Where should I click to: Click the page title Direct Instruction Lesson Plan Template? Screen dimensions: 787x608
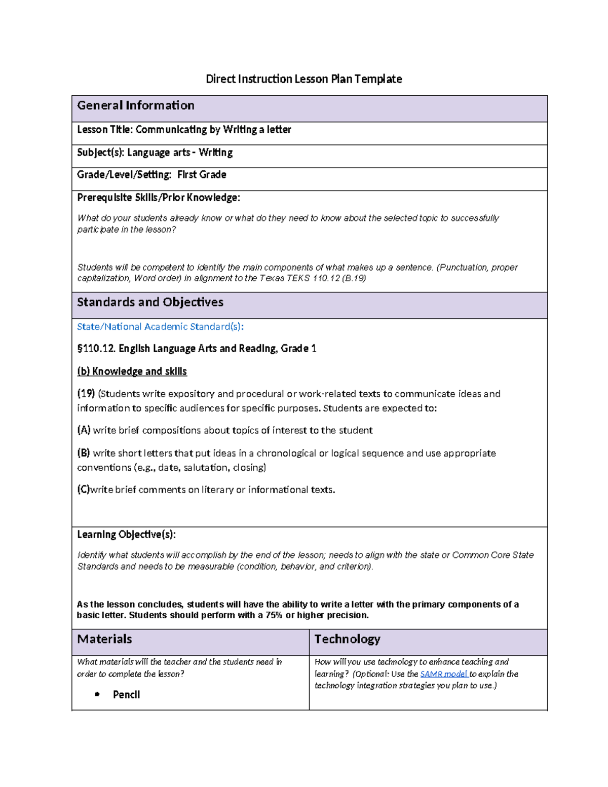coord(303,79)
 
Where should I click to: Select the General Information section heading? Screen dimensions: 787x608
coord(136,105)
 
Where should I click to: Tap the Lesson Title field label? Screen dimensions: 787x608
coord(105,130)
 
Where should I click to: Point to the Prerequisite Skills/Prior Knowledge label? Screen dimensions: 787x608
coord(158,198)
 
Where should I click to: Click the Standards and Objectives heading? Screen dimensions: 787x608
coord(150,302)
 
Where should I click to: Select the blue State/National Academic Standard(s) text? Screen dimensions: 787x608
coord(160,327)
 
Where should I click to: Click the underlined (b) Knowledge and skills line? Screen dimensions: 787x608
coord(132,371)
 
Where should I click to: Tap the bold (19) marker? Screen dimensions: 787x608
coord(86,394)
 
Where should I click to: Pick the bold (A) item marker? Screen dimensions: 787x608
coord(84,430)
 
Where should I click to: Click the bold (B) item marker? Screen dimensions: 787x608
coord(84,453)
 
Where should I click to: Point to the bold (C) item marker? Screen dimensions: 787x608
coord(83,490)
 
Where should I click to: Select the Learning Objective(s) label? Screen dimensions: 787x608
coord(126,535)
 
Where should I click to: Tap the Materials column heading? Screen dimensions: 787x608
coord(104,639)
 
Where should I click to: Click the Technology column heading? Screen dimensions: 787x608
coord(347,639)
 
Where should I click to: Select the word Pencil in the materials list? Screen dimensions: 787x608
coord(126,695)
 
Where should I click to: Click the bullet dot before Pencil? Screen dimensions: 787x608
coord(97,695)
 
